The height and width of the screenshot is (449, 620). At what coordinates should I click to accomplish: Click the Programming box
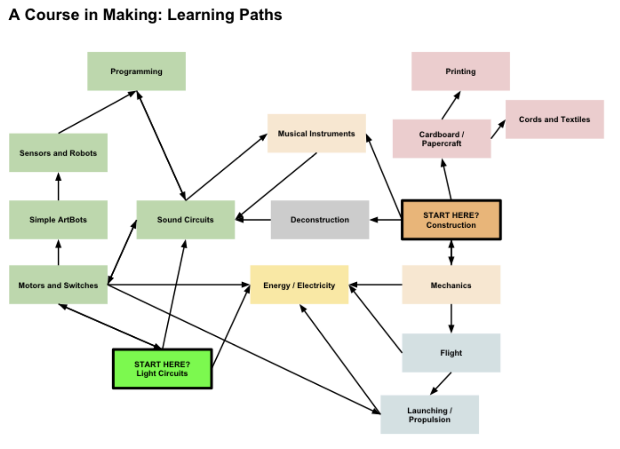[x=136, y=71]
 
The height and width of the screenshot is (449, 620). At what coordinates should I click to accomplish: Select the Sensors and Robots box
[x=58, y=153]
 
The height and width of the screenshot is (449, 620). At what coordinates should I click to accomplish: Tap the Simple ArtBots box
[x=58, y=220]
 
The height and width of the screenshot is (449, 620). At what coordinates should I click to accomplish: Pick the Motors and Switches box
[x=58, y=285]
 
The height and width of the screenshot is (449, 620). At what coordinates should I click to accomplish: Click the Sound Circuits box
[x=185, y=220]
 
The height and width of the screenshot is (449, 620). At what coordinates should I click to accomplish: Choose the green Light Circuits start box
[x=162, y=369]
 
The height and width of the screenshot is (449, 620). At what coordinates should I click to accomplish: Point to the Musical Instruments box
[x=316, y=133]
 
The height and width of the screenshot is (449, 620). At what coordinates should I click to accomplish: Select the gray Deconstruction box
[x=320, y=220]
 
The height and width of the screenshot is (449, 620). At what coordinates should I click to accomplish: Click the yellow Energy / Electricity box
[x=299, y=285]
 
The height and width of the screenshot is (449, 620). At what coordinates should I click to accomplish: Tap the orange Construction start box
[x=451, y=220]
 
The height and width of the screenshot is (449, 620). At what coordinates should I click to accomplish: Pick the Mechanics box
[x=451, y=285]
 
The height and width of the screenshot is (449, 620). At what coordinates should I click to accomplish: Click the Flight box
[x=451, y=353]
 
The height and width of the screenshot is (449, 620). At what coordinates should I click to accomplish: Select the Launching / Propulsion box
[x=429, y=415]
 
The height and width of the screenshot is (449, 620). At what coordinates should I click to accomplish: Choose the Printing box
[x=461, y=71]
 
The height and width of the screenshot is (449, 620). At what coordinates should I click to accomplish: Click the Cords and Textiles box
[x=554, y=119]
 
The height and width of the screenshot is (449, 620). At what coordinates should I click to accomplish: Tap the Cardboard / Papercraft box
[x=442, y=139]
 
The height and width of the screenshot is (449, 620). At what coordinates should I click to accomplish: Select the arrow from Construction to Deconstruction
[x=385, y=220]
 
